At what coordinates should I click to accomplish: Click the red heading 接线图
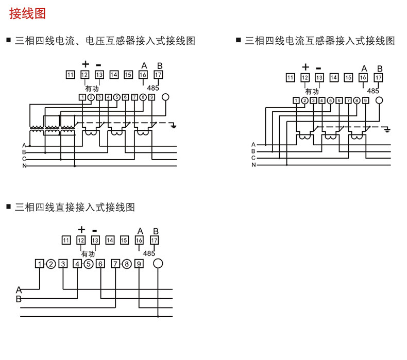point(27,13)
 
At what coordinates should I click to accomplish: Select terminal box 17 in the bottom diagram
point(154,240)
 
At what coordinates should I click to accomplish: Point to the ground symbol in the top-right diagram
point(387,130)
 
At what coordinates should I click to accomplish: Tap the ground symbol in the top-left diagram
point(174,126)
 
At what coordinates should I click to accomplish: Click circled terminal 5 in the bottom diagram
point(89,264)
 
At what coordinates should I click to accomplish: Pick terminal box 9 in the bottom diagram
point(139,264)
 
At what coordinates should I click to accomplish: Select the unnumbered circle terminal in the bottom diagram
point(158,264)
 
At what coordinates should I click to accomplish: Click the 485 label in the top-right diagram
point(372,91)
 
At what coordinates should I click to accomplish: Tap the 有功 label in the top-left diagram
point(92,89)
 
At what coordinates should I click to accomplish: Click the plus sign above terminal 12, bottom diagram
point(81,230)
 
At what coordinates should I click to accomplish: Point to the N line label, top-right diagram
point(253,165)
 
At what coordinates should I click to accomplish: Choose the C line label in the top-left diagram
point(24,159)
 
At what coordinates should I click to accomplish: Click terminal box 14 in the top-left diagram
point(114,75)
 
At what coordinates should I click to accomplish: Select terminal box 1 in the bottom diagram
point(40,264)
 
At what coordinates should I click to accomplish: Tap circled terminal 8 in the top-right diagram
point(357,100)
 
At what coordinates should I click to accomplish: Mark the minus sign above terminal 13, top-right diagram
point(319,68)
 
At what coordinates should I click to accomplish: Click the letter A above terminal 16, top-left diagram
point(144,66)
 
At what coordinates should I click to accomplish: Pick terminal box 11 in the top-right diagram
point(290,78)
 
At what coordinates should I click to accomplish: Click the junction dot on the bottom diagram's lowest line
point(158,316)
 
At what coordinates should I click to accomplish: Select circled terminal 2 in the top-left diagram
point(91,97)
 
